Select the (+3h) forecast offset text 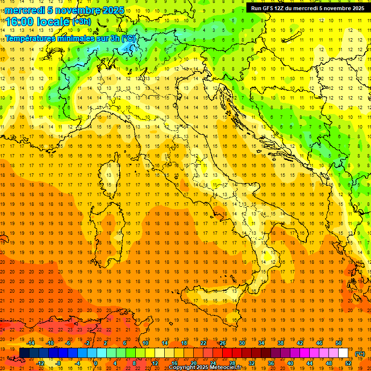coord(81,21)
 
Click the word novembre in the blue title coord(77,10)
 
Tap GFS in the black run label coord(268,8)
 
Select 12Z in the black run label coord(280,8)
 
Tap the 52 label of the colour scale coord(348,363)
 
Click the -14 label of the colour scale coord(30,343)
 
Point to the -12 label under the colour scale coord(40,363)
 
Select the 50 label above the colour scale coord(339,343)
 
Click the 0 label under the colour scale coord(96,363)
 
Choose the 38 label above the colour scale coord(281,343)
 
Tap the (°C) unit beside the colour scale coord(360,354)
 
